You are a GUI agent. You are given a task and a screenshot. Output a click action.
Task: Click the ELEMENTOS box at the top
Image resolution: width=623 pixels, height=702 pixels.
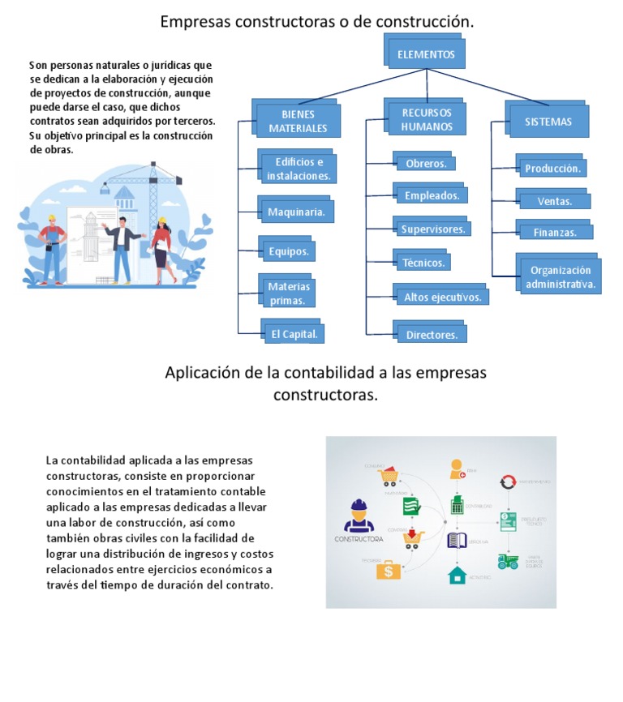pos(426,54)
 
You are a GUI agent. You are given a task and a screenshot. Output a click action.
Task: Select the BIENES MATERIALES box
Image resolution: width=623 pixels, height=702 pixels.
pos(298,122)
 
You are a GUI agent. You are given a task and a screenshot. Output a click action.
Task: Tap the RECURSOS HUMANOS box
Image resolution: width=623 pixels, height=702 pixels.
pos(427,120)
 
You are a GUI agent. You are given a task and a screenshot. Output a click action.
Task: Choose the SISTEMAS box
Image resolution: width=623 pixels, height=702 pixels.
pos(548,122)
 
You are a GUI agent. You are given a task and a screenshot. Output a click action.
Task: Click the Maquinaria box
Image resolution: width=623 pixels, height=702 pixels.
pos(296,212)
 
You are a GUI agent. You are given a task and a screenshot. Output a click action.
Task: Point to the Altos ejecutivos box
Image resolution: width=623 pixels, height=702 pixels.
pos(442,297)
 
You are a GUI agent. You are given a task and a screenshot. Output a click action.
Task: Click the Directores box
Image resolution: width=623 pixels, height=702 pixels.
pos(432,334)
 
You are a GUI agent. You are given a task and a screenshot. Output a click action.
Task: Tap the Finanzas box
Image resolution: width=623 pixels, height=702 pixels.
pos(555,232)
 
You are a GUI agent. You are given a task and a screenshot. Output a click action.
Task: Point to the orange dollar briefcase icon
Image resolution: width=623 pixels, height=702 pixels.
pos(389,570)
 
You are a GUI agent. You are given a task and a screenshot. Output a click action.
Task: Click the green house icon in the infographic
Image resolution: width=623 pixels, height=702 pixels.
pos(457,575)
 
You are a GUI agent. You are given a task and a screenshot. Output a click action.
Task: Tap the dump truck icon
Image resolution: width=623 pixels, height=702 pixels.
pos(509,561)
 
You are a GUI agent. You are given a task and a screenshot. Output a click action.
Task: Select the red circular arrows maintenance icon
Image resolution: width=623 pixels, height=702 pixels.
pos(509,482)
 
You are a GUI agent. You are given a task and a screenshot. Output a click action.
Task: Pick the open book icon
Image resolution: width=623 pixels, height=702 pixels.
pos(458,541)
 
